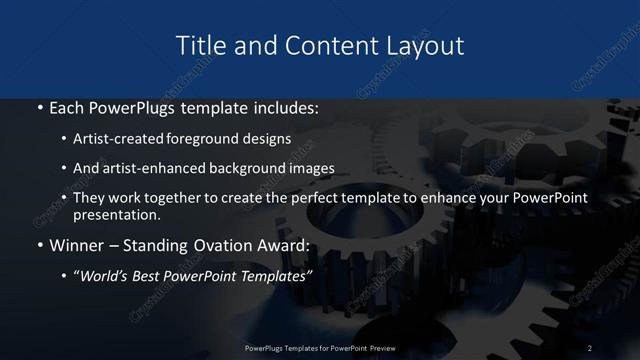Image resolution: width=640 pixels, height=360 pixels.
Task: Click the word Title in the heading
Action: tap(199, 46)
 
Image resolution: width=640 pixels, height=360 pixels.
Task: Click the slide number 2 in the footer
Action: tap(590, 347)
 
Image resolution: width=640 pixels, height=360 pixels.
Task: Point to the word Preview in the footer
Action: tap(378, 347)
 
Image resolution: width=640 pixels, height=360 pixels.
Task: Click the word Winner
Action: tap(77, 246)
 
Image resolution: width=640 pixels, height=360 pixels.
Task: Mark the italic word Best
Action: tap(153, 276)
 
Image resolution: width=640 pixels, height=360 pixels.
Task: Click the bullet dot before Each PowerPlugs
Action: tap(38, 108)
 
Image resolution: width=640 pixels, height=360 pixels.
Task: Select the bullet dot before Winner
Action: tap(38, 246)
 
